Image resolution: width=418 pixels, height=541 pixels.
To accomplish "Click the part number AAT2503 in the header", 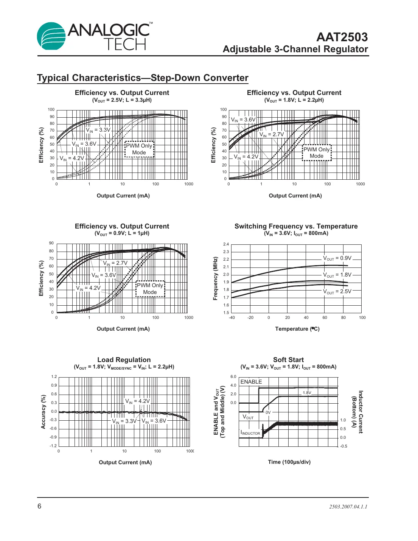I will pyautogui.click(x=342, y=37).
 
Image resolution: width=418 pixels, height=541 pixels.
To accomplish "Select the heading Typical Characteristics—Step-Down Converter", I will pyautogui.click(x=143, y=78).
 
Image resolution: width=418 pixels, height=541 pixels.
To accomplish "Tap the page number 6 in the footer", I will pyautogui.click(x=39, y=506).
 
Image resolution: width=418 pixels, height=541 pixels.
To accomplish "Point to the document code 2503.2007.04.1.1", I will pyautogui.click(x=348, y=507).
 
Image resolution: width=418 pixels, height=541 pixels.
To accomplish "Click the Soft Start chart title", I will pyautogui.click(x=288, y=360).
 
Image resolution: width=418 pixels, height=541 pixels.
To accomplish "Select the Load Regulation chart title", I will pyautogui.click(x=124, y=360).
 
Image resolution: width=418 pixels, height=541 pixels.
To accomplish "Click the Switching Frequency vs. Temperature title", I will pyautogui.click(x=296, y=226).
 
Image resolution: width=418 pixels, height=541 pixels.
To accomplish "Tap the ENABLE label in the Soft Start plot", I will pyautogui.click(x=251, y=382).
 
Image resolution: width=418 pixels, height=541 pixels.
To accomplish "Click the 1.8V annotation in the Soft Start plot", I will pyautogui.click(x=307, y=393).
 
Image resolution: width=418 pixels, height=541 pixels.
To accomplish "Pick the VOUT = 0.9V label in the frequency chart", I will pyautogui.click(x=337, y=258).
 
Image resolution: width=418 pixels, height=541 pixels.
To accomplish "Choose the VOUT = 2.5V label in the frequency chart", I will pyautogui.click(x=337, y=291).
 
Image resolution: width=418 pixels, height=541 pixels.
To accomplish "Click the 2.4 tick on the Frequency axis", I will pyautogui.click(x=226, y=244).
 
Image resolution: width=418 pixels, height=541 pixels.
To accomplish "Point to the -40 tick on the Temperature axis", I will pyautogui.click(x=232, y=318).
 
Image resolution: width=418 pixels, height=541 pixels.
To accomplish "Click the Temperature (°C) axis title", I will pyautogui.click(x=297, y=329).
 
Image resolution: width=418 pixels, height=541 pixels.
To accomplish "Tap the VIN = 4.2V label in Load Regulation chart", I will pyautogui.click(x=137, y=401).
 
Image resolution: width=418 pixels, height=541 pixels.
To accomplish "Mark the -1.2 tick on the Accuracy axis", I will pyautogui.click(x=53, y=446).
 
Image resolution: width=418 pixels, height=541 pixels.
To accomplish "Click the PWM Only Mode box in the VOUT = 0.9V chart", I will pyautogui.click(x=150, y=289).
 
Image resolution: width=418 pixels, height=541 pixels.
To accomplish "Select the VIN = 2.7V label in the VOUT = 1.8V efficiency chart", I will pyautogui.click(x=272, y=134).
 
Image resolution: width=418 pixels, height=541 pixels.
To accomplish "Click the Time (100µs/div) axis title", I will pyautogui.click(x=289, y=462).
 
